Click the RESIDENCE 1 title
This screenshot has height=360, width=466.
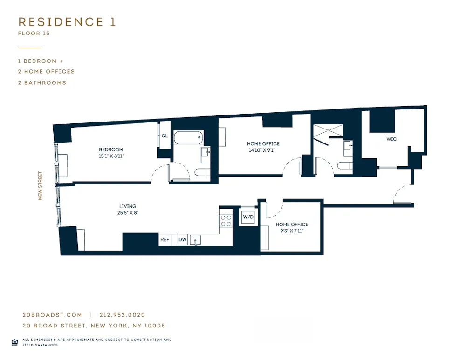(67, 22)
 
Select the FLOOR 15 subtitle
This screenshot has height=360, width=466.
(34, 34)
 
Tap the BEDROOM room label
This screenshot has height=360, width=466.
(111, 149)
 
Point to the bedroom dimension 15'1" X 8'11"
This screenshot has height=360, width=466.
(111, 156)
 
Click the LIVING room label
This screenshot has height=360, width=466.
(128, 206)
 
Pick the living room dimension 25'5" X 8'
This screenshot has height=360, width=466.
(128, 213)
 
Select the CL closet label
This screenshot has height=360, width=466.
(164, 136)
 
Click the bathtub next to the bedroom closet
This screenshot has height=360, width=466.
(189, 138)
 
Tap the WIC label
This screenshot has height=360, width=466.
(391, 139)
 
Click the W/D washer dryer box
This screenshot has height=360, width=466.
(247, 217)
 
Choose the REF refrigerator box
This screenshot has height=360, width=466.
(164, 240)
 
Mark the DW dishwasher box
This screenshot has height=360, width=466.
(183, 240)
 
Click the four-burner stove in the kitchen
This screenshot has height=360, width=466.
(226, 220)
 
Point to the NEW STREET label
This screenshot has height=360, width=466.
(40, 186)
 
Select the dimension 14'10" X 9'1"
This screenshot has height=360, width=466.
(263, 150)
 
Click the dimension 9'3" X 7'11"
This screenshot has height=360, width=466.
(292, 231)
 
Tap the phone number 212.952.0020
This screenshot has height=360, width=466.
(125, 315)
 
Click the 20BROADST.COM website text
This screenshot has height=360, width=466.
(52, 315)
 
